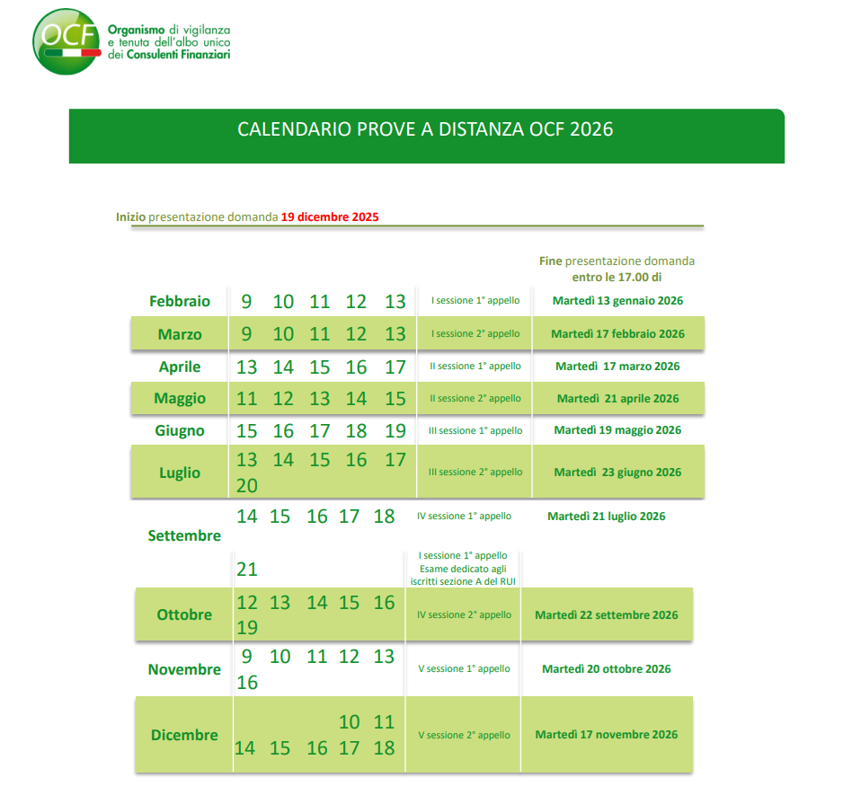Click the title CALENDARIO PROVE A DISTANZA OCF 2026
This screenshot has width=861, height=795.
[425, 129]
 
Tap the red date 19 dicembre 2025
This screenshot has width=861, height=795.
[330, 216]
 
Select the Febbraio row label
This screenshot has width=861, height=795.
[180, 302]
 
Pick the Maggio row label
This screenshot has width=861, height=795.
[180, 398]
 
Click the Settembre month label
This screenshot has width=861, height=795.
[184, 535]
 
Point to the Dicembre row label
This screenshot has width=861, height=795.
[184, 735]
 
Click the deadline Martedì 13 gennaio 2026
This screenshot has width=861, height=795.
[617, 301]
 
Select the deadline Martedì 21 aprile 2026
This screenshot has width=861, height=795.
[617, 398]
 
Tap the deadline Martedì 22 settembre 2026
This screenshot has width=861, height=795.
[607, 615]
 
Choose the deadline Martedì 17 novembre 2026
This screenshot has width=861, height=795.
[607, 735]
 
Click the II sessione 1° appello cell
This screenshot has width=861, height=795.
[475, 367]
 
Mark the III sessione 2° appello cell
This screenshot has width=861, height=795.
[475, 473]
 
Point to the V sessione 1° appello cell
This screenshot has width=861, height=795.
[465, 669]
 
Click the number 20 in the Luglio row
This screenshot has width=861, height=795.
[247, 486]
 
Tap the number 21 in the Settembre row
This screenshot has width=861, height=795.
[247, 570]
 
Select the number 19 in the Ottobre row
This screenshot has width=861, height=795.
[247, 628]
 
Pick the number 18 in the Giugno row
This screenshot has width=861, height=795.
[357, 431]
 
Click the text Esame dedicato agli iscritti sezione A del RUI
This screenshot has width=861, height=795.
[463, 575]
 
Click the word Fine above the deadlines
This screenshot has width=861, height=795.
[550, 261]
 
